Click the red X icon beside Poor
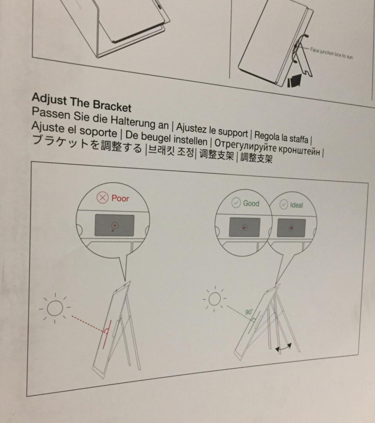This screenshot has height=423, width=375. pyautogui.click(x=103, y=198)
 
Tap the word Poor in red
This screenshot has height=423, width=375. pyautogui.click(x=120, y=198)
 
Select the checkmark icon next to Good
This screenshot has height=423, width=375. pyautogui.click(x=236, y=203)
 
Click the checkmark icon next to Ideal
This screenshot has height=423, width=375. pyautogui.click(x=284, y=205)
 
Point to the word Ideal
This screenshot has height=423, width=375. pyautogui.click(x=296, y=205)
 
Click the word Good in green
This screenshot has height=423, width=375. pyautogui.click(x=251, y=203)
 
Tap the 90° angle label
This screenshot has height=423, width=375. pyautogui.click(x=249, y=312)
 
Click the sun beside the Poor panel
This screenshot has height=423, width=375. pyautogui.click(x=55, y=308)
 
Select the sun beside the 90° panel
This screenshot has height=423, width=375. pyautogui.click(x=214, y=299)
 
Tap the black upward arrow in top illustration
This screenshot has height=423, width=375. pyautogui.click(x=294, y=81)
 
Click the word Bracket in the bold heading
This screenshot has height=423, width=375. pyautogui.click(x=112, y=106)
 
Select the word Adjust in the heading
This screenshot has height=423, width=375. pyautogui.click(x=49, y=99)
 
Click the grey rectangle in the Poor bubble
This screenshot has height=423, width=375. pyautogui.click(x=114, y=225)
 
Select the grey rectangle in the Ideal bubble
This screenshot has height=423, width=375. pyautogui.click(x=291, y=228)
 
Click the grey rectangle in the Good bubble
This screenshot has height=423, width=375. pyautogui.click(x=244, y=227)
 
